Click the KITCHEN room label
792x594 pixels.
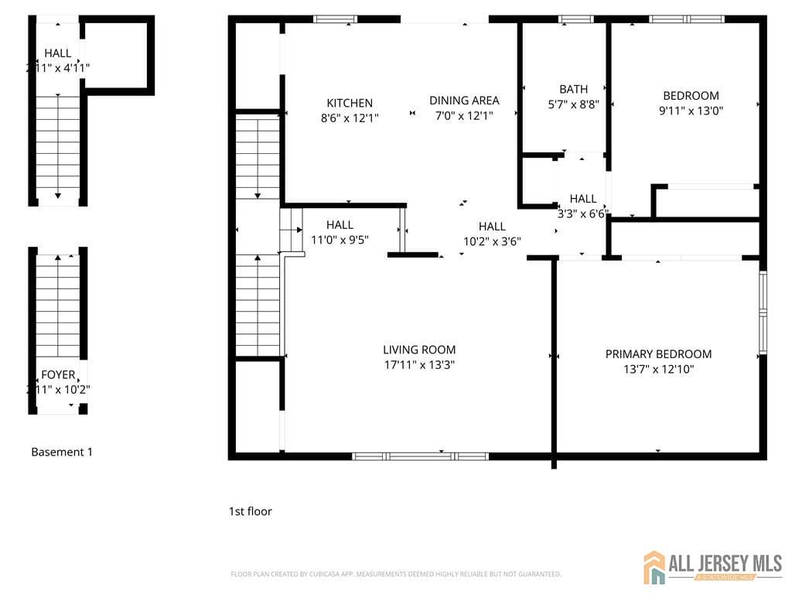pyautogui.click(x=350, y=103)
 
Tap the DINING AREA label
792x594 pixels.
pyautogui.click(x=464, y=100)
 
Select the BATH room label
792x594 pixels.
pyautogui.click(x=573, y=89)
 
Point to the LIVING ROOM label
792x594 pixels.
pyautogui.click(x=419, y=350)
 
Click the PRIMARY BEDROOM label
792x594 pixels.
pyautogui.click(x=658, y=354)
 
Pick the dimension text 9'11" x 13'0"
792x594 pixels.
pyautogui.click(x=691, y=111)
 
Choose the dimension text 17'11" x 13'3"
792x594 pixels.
pyautogui.click(x=419, y=365)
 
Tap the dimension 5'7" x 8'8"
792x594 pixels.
pyautogui.click(x=573, y=104)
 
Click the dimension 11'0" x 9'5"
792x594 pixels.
pyautogui.click(x=340, y=240)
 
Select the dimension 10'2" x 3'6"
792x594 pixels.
pyautogui.click(x=492, y=241)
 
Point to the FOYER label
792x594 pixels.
pyautogui.click(x=58, y=375)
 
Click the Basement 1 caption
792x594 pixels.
pyautogui.click(x=62, y=452)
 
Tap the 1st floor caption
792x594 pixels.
pyautogui.click(x=250, y=511)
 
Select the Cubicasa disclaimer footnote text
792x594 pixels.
pyautogui.click(x=396, y=574)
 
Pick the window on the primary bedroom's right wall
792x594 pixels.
pyautogui.click(x=763, y=313)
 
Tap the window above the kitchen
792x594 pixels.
pyautogui.click(x=335, y=19)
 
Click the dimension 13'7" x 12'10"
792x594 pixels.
pyautogui.click(x=658, y=370)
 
